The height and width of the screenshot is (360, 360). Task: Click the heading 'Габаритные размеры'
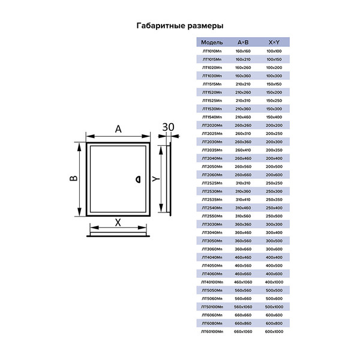point(180,26)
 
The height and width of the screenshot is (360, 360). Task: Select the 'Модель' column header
point(212,43)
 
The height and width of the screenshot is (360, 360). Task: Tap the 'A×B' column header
point(243,43)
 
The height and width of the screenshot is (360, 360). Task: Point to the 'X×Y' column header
point(274,43)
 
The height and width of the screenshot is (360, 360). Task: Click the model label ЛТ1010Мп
point(212,51)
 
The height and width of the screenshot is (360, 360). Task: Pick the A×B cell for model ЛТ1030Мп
point(243,76)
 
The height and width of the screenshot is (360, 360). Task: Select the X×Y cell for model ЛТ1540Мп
point(274,116)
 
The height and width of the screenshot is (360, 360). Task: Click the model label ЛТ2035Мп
point(212,149)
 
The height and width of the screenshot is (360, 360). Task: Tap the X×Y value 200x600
point(274,174)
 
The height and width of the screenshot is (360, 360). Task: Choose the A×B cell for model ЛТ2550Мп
point(243,215)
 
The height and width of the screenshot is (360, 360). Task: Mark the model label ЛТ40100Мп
point(212,281)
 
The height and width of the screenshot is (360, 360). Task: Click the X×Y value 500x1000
point(274,307)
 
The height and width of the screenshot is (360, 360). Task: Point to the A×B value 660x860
point(243,323)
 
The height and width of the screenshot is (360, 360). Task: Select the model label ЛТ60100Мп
point(212,331)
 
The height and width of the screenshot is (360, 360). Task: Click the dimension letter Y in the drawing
point(154,179)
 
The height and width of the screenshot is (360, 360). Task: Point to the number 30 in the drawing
point(169,127)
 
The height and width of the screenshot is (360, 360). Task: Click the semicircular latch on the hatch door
point(137,178)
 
